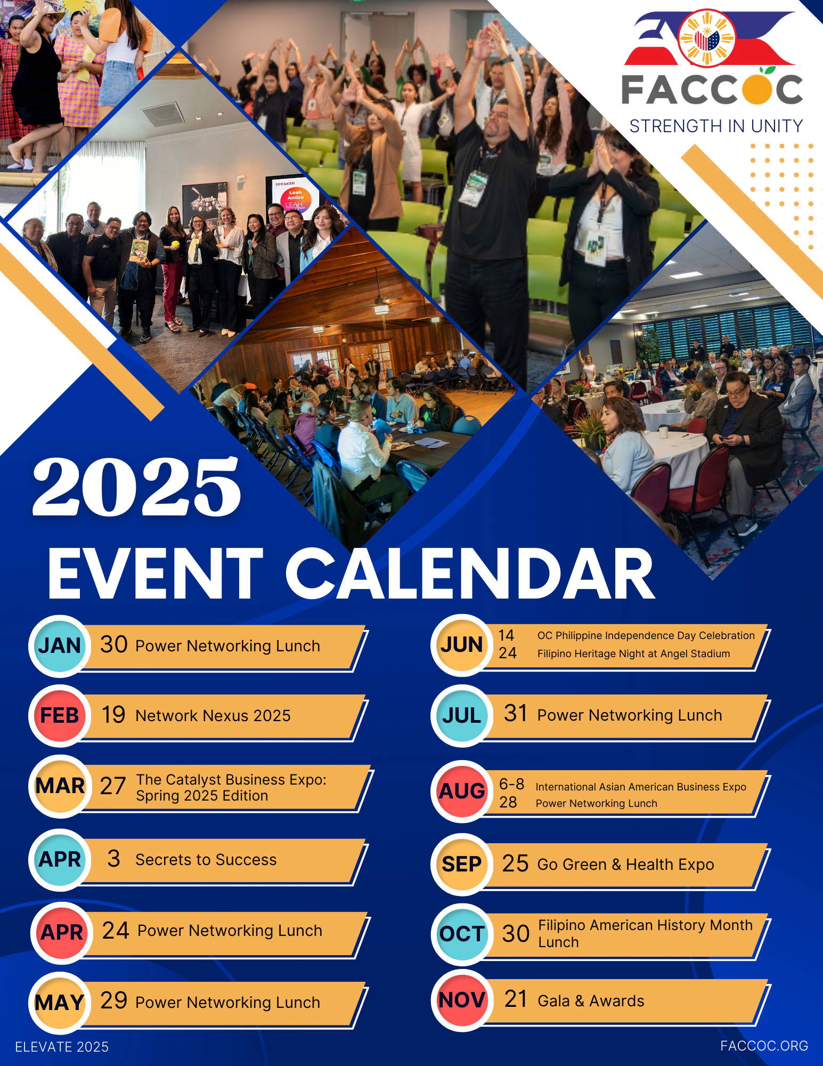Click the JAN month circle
(59, 645)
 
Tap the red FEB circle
(60, 715)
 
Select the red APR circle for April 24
(62, 933)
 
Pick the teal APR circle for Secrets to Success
(60, 859)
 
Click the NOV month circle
(462, 1000)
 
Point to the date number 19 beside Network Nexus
(113, 715)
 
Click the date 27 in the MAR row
(113, 786)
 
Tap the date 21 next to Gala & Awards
(515, 999)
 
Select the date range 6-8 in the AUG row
(511, 784)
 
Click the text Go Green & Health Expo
(625, 864)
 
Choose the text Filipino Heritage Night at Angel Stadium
(633, 653)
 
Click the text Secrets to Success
(206, 859)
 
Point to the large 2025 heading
(137, 487)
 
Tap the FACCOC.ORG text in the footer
(764, 1046)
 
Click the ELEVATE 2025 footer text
(62, 1047)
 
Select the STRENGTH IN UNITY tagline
(716, 126)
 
